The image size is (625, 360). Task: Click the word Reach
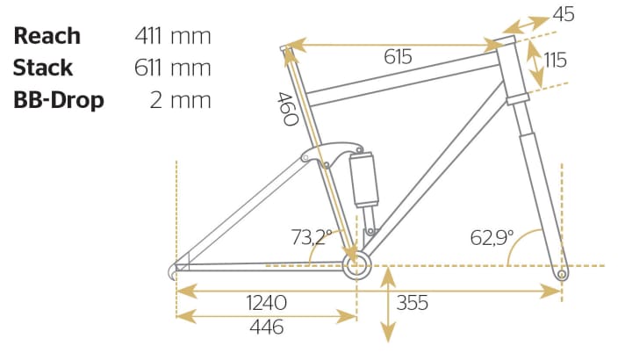point(47,36)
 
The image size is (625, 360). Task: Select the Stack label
point(43,68)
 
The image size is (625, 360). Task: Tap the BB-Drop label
point(59,100)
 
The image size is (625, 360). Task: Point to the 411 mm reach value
point(173,36)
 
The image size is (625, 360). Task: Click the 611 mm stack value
point(173,68)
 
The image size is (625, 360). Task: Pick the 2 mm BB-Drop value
point(180,100)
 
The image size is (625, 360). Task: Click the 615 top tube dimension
point(398,56)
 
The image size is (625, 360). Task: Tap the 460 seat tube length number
point(287,109)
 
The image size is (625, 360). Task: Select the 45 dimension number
point(564,14)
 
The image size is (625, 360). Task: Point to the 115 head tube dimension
point(556,61)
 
